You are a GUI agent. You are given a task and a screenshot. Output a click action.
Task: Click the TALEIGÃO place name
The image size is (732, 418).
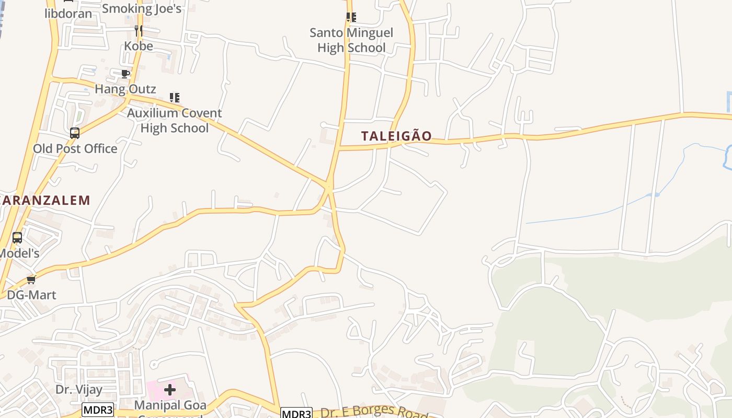pyautogui.click(x=396, y=136)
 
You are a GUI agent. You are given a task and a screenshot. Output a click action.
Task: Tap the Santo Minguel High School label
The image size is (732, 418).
pyautogui.click(x=351, y=40)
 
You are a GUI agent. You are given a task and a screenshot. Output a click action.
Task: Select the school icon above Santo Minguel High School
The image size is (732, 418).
pyautogui.click(x=351, y=17)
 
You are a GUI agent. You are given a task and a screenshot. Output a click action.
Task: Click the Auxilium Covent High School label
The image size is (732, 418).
pyautogui.click(x=175, y=121)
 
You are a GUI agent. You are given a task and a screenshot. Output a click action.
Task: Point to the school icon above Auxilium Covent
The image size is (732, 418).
pyautogui.click(x=175, y=98)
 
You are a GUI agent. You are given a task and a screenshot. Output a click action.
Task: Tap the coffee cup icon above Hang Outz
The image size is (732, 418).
pyautogui.click(x=125, y=74)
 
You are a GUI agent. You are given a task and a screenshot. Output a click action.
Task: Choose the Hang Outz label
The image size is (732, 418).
pyautogui.click(x=125, y=89)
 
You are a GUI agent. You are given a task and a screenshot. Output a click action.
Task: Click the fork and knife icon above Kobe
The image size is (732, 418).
pyautogui.click(x=139, y=31)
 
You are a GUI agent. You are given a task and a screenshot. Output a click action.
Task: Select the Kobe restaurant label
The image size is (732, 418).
pyautogui.click(x=139, y=46)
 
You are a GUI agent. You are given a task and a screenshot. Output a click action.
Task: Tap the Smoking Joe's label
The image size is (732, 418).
pyautogui.click(x=142, y=8)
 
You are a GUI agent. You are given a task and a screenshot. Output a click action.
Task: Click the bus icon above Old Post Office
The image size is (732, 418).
pyautogui.click(x=75, y=133)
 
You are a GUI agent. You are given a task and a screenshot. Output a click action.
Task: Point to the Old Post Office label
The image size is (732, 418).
pyautogui.click(x=75, y=149)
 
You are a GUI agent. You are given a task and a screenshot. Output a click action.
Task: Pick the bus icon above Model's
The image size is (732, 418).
pyautogui.click(x=17, y=238)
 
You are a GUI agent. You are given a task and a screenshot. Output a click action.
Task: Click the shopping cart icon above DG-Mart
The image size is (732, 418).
pyautogui.click(x=31, y=280)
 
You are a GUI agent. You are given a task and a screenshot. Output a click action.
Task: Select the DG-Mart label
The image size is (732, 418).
pyautogui.click(x=31, y=295)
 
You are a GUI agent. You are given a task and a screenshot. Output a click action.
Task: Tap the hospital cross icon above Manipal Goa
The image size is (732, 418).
pyautogui.click(x=170, y=389)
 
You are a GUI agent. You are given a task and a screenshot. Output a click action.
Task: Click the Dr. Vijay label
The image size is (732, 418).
pyautogui.click(x=79, y=389)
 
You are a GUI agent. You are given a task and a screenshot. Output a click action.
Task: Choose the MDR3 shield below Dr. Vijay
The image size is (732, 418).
pyautogui.click(x=98, y=410)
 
